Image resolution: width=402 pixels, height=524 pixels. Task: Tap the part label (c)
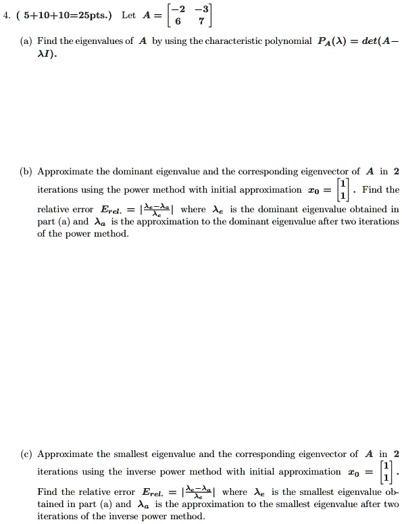point(27,454)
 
